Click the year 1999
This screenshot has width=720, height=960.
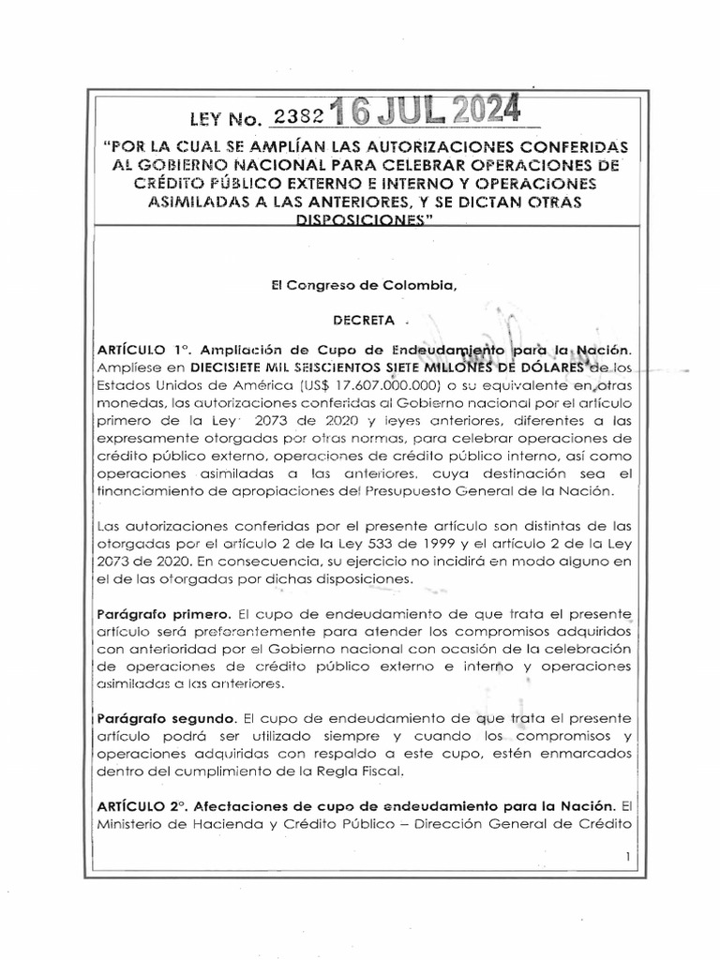(348, 543)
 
